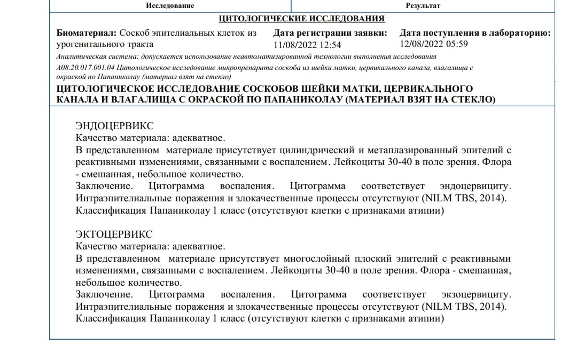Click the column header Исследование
tap(169, 5)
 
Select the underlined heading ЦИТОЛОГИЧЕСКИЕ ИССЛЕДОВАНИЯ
tap(302, 19)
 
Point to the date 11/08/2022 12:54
tap(307, 45)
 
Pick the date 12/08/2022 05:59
tap(434, 44)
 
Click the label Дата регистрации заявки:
tap(330, 33)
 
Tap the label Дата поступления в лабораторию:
tap(475, 33)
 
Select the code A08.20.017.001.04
tap(85, 68)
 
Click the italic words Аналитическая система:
tap(87, 57)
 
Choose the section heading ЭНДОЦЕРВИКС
tap(114, 126)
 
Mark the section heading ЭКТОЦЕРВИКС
tap(114, 234)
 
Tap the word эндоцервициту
tap(475, 186)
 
